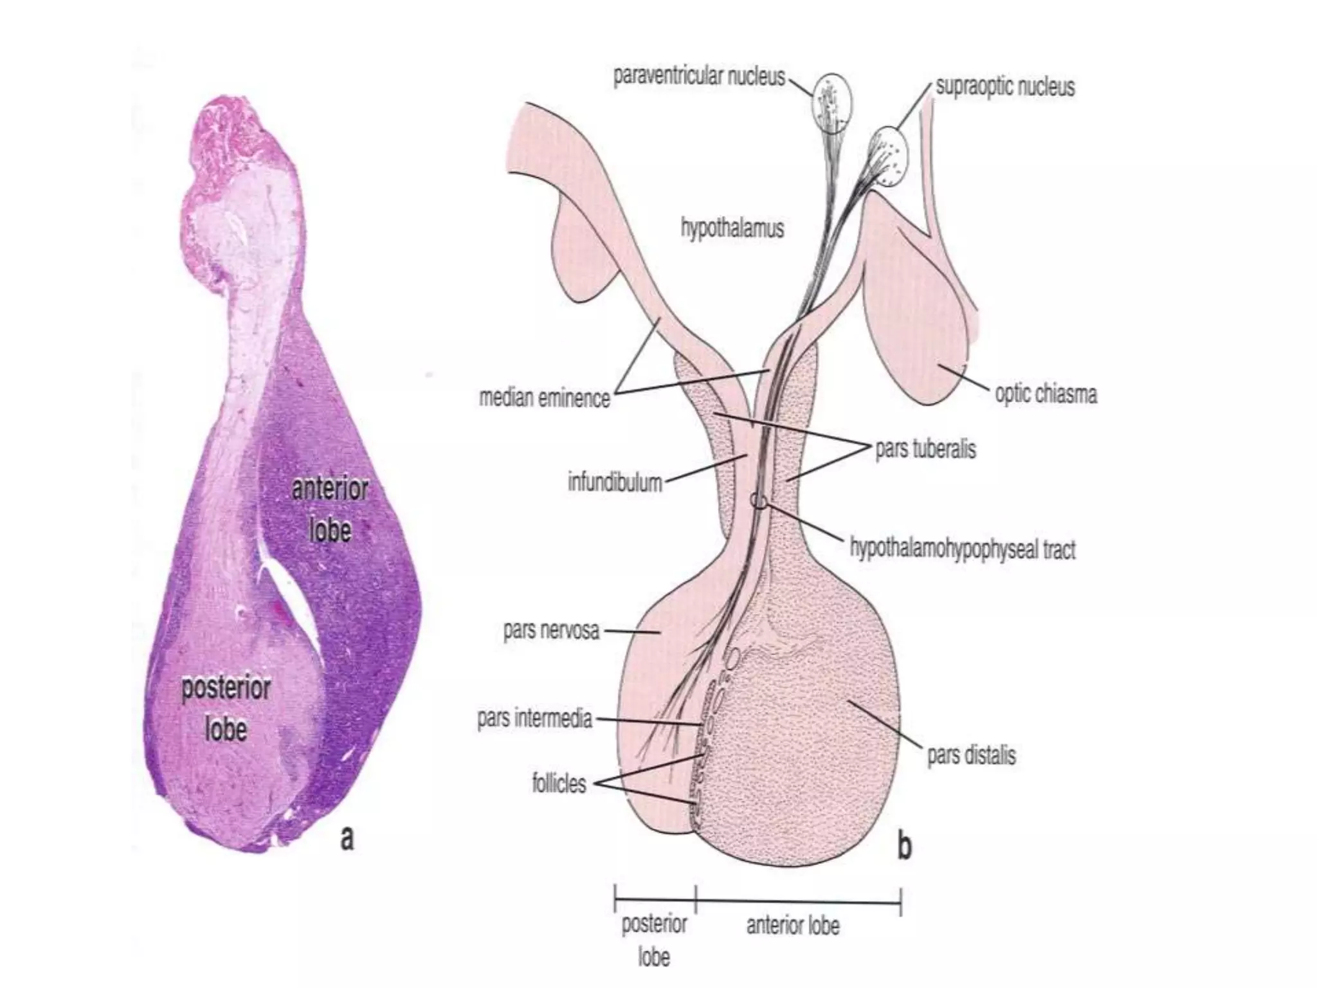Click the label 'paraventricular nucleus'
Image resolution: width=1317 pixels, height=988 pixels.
[699, 77]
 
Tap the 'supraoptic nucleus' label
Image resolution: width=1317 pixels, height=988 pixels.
[1004, 87]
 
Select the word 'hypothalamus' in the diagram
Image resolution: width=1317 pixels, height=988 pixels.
[732, 228]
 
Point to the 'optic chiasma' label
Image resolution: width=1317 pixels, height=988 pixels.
[1046, 394]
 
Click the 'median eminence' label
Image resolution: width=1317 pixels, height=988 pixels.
[544, 398]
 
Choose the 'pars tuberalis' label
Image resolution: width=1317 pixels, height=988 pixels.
[925, 448]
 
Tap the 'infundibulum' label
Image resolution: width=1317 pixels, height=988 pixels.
[614, 482]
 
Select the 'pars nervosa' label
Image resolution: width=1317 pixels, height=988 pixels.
[551, 630]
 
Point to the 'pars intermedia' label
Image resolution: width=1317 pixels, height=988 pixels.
[534, 718]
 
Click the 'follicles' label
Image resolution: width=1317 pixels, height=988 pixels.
[559, 783]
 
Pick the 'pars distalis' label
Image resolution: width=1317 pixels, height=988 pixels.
[971, 754]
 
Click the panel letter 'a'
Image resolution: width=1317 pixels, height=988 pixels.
[347, 838]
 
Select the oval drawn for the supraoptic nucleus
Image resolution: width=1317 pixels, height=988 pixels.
[891, 155]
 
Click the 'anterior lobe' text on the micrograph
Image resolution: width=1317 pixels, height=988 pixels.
[330, 509]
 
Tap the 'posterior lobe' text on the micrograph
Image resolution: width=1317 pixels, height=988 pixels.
[226, 709]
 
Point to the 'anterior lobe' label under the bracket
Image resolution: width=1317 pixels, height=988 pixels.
[792, 926]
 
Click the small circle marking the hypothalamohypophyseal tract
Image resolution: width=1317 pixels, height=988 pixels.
[759, 500]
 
